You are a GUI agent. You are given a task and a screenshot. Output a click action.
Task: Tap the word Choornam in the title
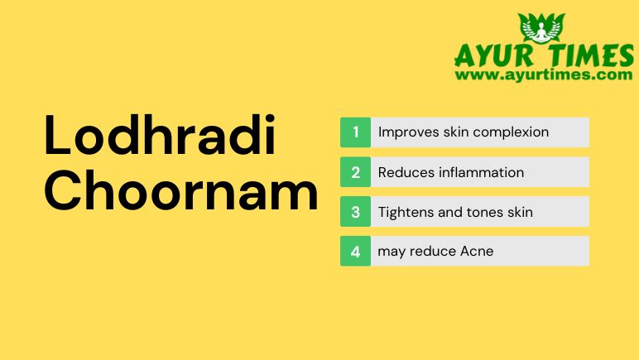pyautogui.click(x=180, y=192)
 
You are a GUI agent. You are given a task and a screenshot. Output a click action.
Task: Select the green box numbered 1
pyautogui.click(x=355, y=132)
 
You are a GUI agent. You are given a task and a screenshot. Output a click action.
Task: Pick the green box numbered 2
pyautogui.click(x=355, y=172)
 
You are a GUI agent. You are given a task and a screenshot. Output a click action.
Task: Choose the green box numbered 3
pyautogui.click(x=355, y=212)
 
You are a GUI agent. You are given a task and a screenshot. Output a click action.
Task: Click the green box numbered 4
pyautogui.click(x=355, y=251)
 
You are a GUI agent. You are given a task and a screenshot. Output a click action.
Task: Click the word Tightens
pyautogui.click(x=404, y=212)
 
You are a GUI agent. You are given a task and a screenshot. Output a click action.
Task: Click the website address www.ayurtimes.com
pyautogui.click(x=543, y=74)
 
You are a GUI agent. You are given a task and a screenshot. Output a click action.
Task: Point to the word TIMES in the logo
pyautogui.click(x=593, y=56)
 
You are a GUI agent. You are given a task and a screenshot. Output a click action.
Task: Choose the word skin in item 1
pyautogui.click(x=454, y=132)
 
